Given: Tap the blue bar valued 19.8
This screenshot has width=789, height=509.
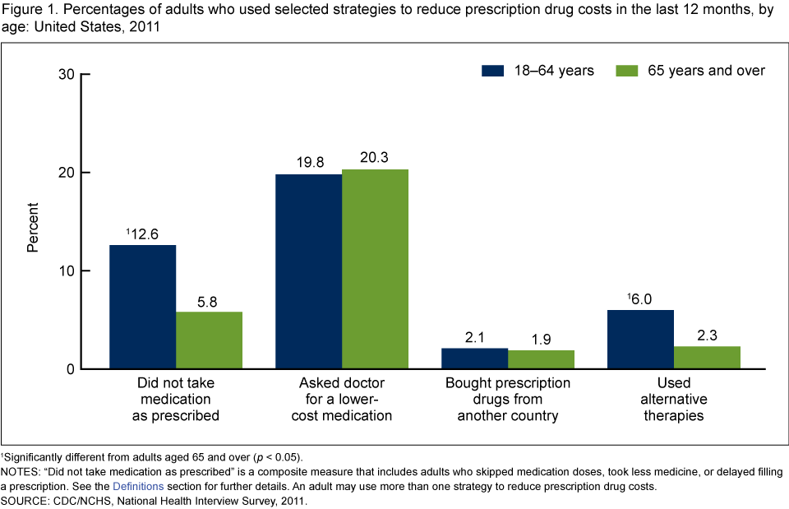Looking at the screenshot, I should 308,271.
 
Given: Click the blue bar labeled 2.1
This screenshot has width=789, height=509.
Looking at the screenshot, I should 474,359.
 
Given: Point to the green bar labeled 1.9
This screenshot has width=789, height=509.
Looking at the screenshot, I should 541,359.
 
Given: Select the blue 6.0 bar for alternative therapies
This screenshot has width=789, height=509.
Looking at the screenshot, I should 640,339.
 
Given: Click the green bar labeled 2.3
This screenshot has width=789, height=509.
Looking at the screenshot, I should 707,358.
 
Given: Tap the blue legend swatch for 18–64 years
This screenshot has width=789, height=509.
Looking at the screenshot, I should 491,71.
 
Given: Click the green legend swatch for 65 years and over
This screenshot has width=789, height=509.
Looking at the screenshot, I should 626,71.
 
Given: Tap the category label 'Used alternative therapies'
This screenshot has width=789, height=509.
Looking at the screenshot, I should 674,399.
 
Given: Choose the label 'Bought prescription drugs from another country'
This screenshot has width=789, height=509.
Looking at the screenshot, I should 508,399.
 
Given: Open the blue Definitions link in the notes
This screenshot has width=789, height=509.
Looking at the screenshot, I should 137,487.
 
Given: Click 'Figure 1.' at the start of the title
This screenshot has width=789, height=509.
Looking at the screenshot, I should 27,10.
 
